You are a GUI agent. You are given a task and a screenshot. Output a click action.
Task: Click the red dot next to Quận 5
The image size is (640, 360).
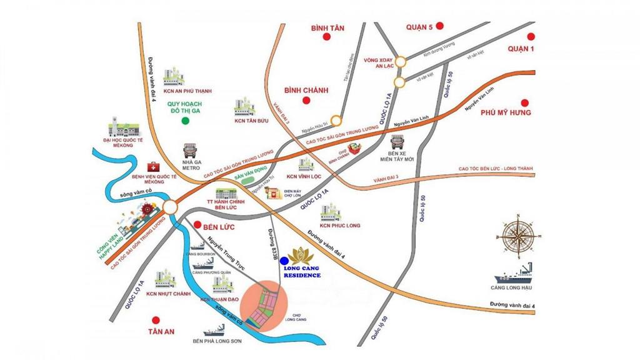tap(440, 26)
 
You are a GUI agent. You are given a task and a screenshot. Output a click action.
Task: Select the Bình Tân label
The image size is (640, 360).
tap(327, 28)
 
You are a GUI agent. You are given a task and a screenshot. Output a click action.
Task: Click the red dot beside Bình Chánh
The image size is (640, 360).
tap(306, 100)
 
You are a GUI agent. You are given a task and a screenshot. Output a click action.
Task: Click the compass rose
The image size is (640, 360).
tap(518, 236)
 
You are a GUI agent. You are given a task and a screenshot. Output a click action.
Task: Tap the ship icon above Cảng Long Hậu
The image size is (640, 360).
tap(514, 273)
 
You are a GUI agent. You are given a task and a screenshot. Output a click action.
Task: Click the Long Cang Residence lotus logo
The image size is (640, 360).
tap(303, 256)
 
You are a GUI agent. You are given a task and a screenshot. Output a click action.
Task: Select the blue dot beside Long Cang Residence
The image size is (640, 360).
tap(285, 261)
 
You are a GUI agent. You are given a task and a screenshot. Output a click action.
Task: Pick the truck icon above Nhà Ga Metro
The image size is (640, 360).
tap(190, 151)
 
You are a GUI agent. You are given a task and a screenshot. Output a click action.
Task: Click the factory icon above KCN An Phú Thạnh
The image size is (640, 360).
tap(174, 77)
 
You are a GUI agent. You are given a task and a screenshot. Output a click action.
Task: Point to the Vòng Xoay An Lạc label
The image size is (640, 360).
tap(377, 63)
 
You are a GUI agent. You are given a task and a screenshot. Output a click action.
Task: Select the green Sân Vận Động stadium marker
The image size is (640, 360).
tap(252, 180)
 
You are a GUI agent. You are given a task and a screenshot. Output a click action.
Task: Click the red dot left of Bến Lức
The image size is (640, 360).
tap(197, 224)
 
